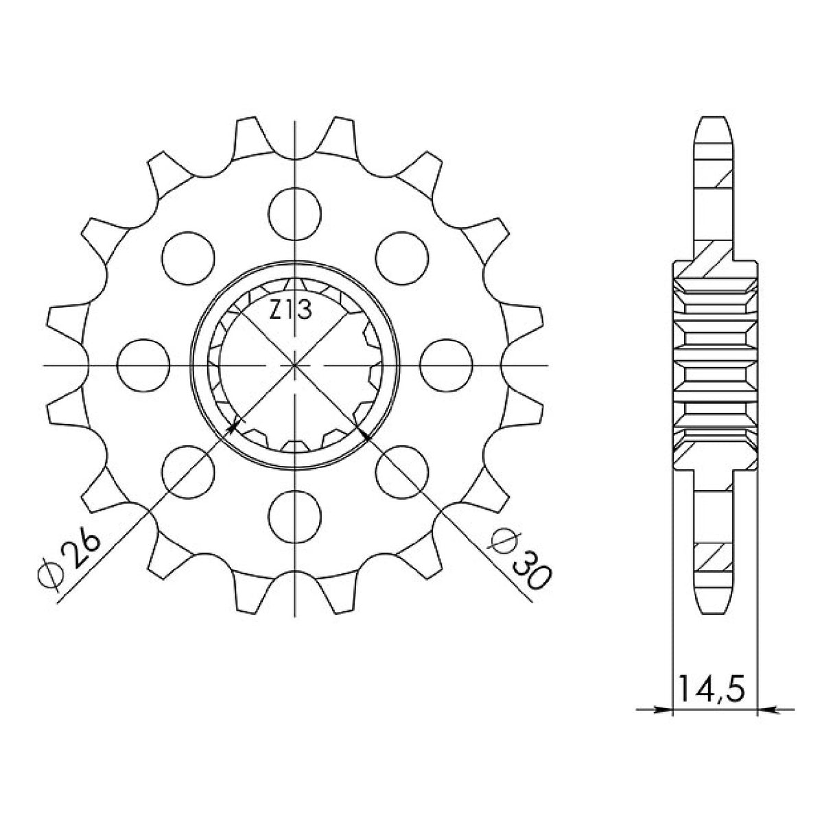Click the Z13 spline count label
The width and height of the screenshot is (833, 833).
[290, 310]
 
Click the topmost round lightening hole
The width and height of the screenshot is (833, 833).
[294, 214]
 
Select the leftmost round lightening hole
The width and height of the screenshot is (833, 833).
[143, 365]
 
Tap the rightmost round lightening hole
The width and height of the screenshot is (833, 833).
[446, 365]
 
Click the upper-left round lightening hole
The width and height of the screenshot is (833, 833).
[188, 258]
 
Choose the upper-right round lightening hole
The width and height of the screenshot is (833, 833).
[402, 258]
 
